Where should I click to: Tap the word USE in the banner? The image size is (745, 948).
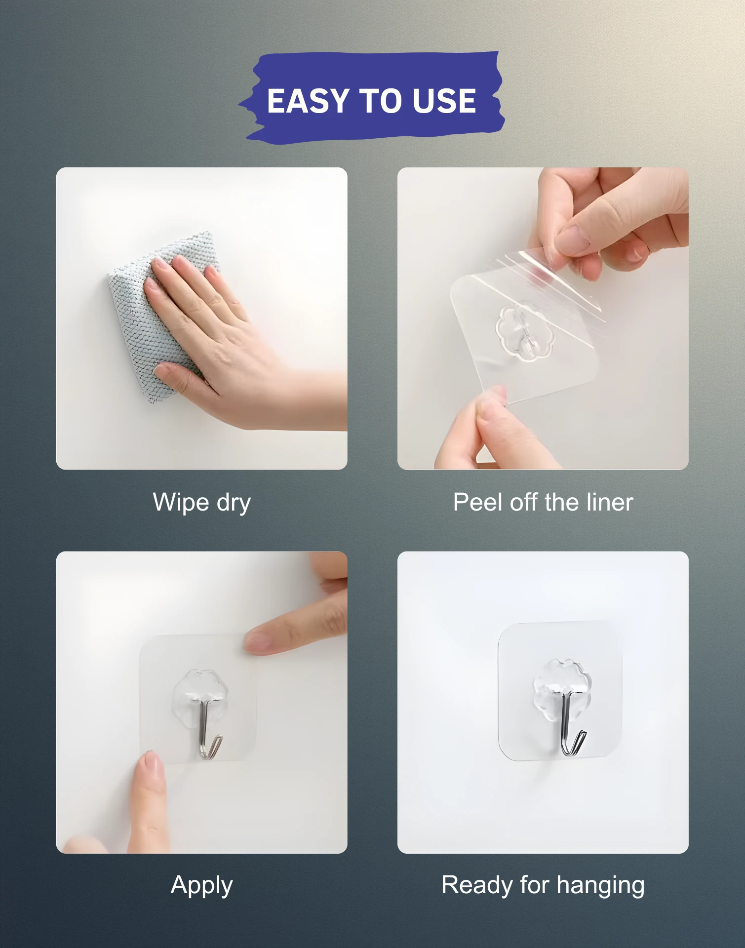point(444,101)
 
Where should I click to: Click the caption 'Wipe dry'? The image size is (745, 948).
point(202,503)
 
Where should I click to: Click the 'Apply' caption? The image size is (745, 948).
point(201,886)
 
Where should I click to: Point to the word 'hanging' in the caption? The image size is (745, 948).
point(601,885)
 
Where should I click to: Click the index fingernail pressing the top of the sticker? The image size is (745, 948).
point(257,642)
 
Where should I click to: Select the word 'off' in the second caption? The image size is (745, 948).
point(523,502)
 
